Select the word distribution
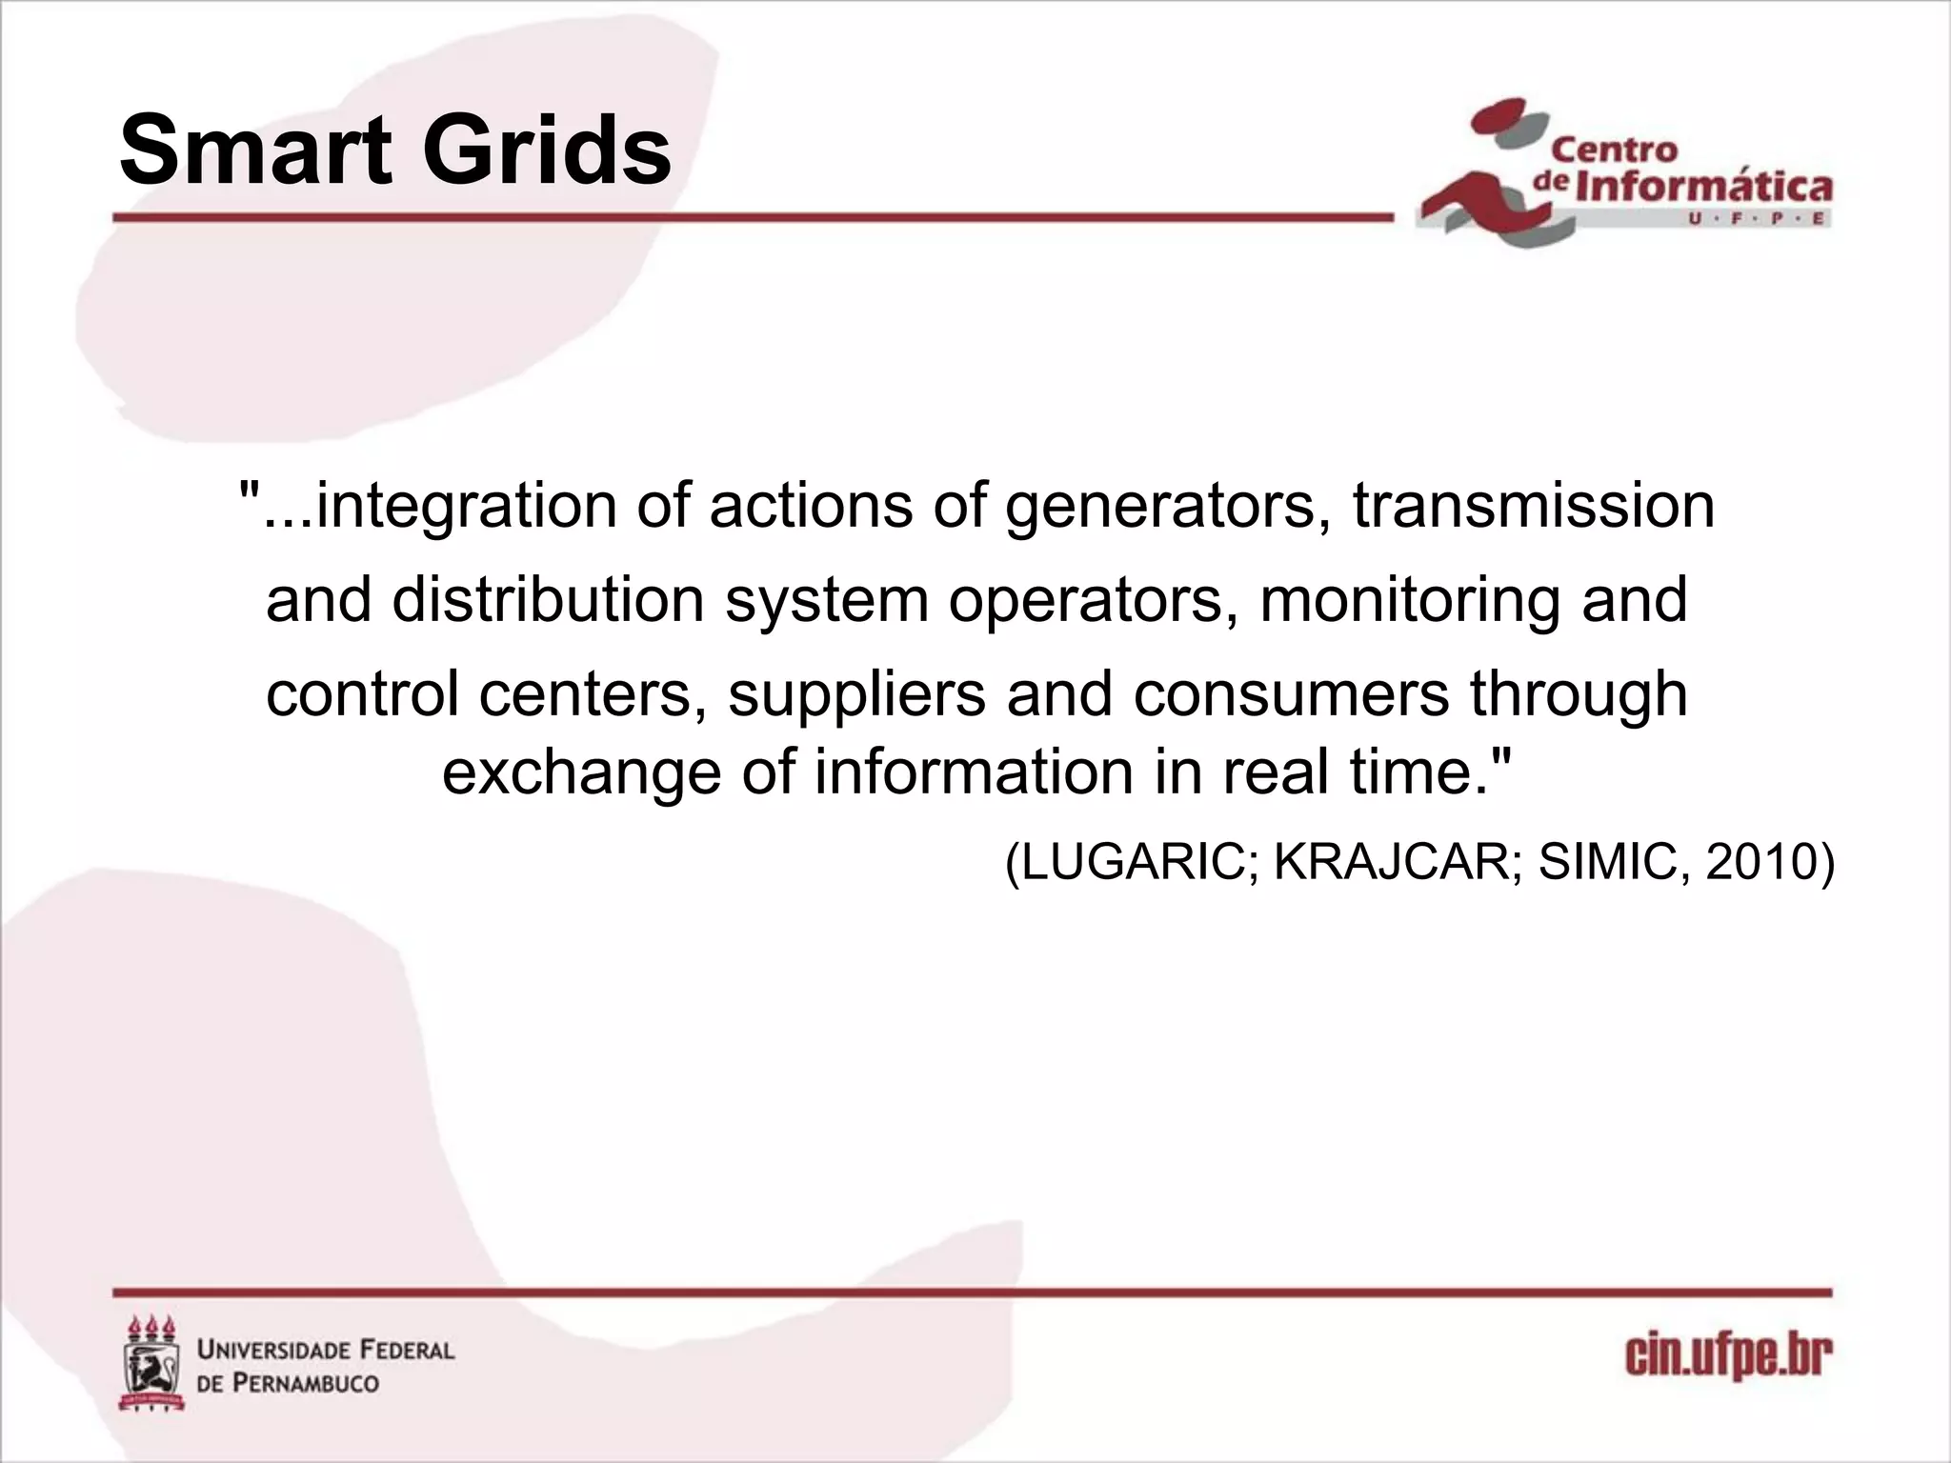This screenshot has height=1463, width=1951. (x=548, y=600)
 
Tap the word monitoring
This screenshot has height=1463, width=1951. (x=1410, y=600)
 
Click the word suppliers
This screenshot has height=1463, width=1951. (x=856, y=693)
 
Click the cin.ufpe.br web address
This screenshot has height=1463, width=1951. (x=1728, y=1357)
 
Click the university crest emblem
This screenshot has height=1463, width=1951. (x=151, y=1364)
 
